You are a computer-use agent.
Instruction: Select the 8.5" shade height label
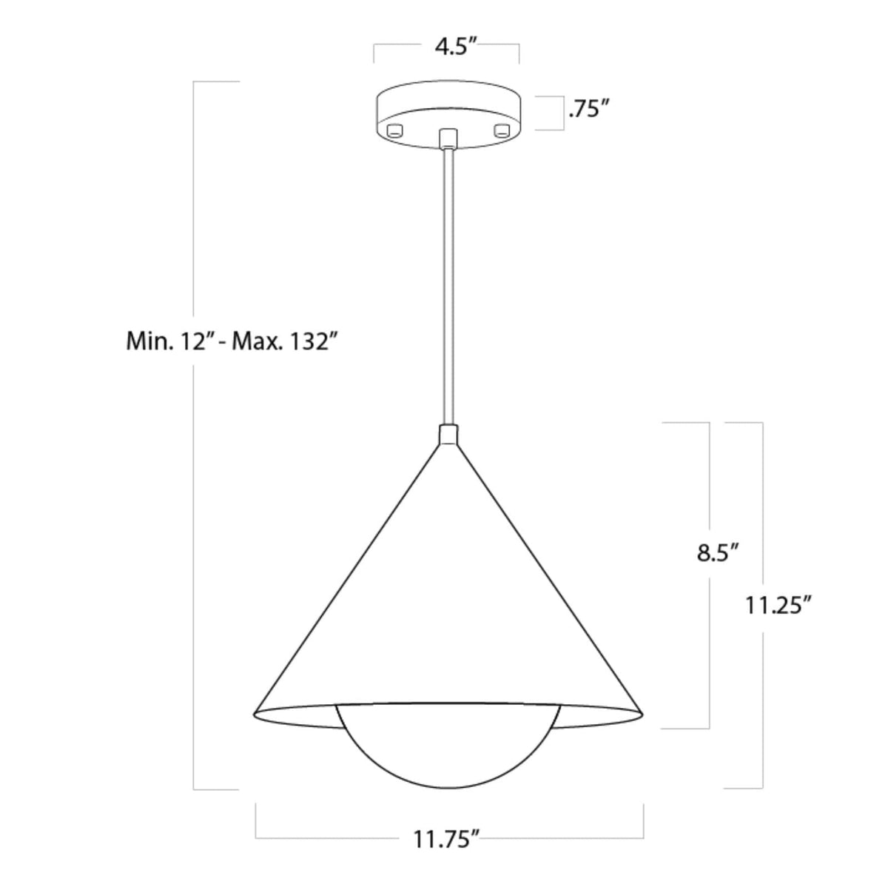click(x=719, y=554)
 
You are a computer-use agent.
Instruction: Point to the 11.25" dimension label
click(x=778, y=606)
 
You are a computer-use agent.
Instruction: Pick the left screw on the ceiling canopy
click(x=394, y=131)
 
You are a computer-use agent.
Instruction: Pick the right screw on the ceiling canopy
click(x=503, y=131)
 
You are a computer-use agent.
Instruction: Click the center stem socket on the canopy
click(x=448, y=137)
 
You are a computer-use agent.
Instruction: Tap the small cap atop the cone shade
click(x=448, y=435)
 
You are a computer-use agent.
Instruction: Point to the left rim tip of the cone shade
click(x=255, y=715)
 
